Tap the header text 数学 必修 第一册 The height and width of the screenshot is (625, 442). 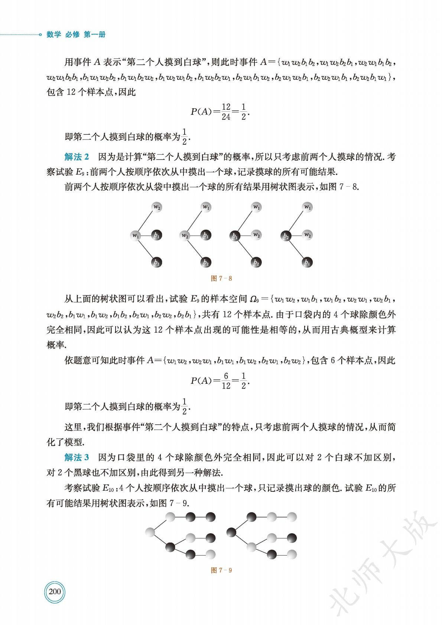tap(76, 35)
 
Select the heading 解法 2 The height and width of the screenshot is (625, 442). tap(77, 157)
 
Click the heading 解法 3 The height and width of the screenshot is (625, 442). tap(77, 457)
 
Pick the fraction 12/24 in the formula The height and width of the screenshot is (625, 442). tap(226, 112)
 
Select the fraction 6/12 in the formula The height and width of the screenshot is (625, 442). tap(226, 381)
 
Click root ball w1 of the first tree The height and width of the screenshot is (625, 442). tap(136, 235)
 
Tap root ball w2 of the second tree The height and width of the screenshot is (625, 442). tap(185, 235)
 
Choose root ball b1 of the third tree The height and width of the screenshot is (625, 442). tap(235, 235)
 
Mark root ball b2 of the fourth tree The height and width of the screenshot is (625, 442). tap(286, 235)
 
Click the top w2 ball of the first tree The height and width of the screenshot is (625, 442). tap(157, 207)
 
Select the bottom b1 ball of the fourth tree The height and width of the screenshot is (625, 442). tap(307, 262)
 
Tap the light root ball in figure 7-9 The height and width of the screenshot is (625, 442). tap(150, 533)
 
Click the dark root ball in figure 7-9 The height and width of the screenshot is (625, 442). tap(231, 533)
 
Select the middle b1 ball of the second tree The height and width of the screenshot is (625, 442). tap(206, 235)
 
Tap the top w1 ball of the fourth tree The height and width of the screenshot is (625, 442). tap(308, 207)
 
